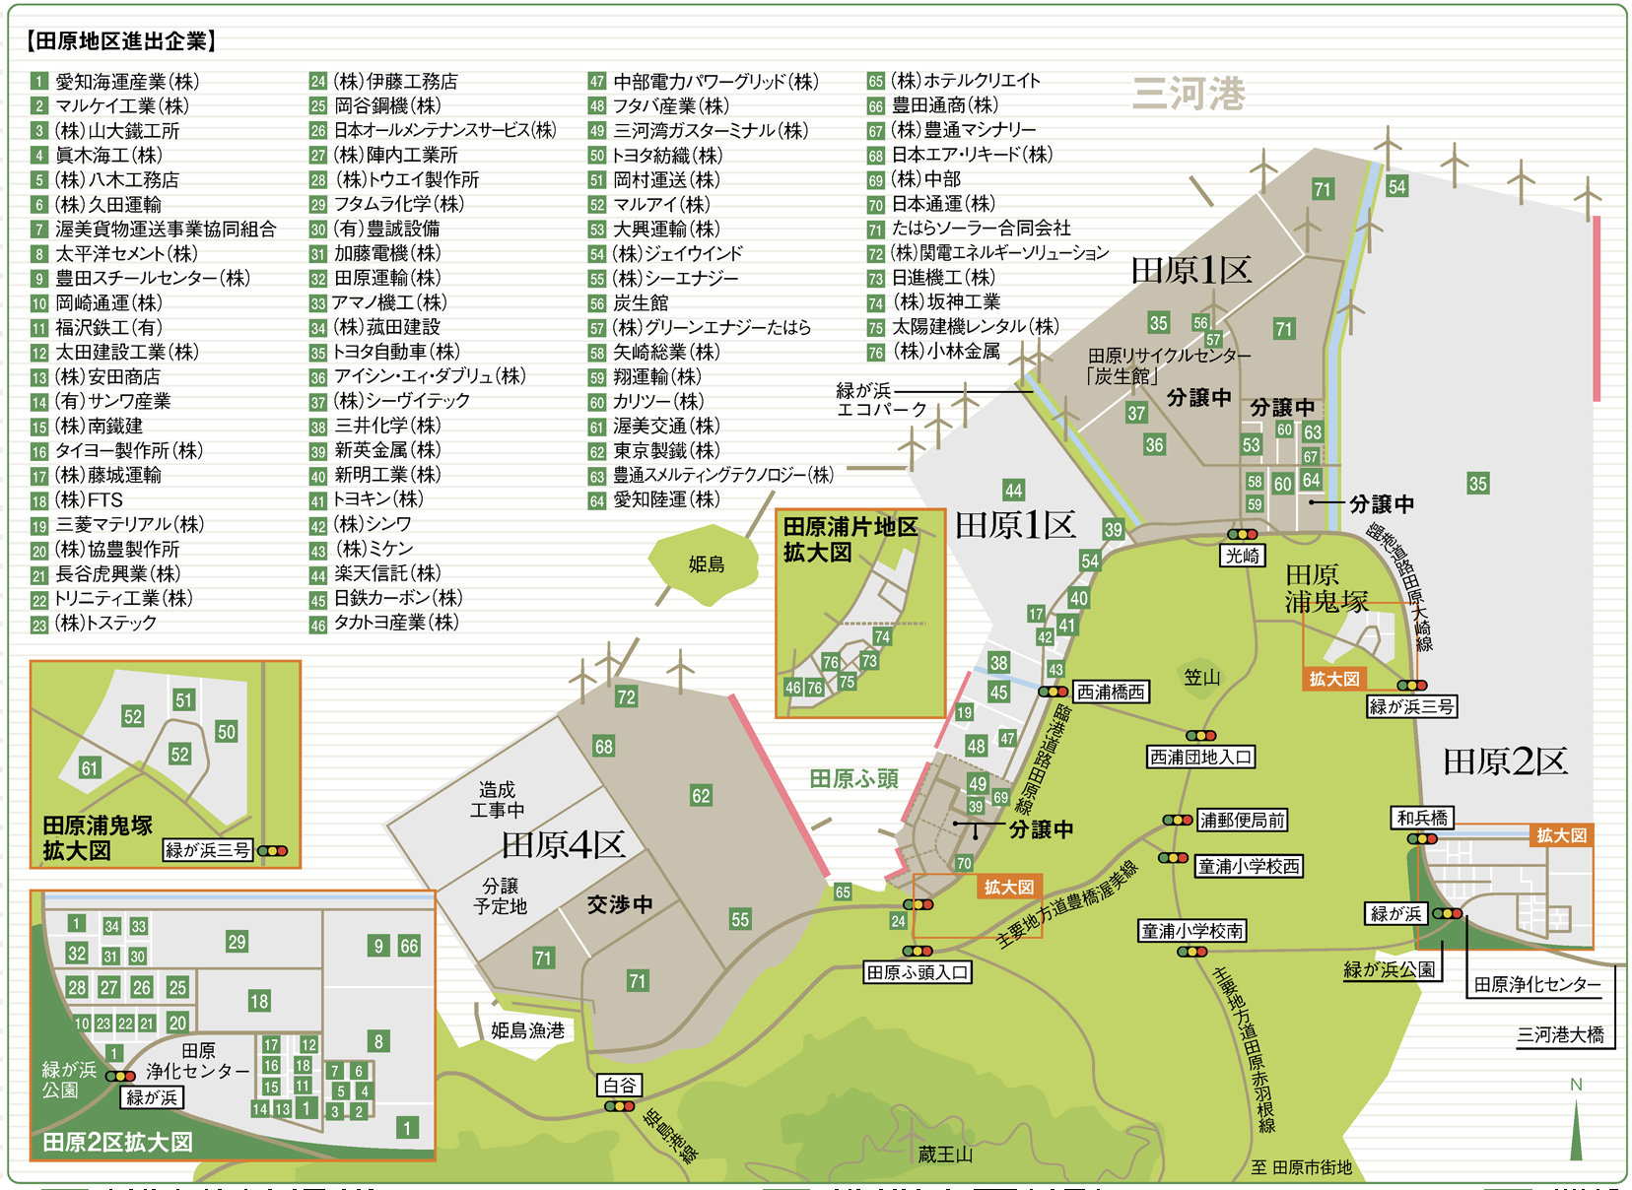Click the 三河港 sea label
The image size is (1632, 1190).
pos(1189,95)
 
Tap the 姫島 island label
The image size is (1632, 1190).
pos(706,564)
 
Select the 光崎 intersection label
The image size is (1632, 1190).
pos(1242,556)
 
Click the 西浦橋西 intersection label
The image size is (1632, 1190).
pos(1110,693)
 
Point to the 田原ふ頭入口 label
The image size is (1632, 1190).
pos(918,972)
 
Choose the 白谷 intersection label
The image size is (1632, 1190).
pos(620,1086)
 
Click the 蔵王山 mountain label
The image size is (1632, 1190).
pos(945,1155)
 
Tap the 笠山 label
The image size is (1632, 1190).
pos(1201,677)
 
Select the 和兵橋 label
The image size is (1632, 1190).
pos(1422,818)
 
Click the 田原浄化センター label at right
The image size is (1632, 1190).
pos(1536,984)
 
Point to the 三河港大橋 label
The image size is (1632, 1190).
pos(1560,1034)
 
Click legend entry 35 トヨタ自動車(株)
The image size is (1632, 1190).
pos(384,352)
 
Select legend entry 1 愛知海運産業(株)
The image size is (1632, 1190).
pos(115,82)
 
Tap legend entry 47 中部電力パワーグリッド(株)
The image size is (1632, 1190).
pos(704,82)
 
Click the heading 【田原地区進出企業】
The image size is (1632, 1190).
pos(120,40)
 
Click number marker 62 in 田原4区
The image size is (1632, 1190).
pos(701,796)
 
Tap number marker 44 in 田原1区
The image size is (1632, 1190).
pos(1013,490)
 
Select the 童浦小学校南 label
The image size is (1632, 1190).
pos(1192,931)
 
